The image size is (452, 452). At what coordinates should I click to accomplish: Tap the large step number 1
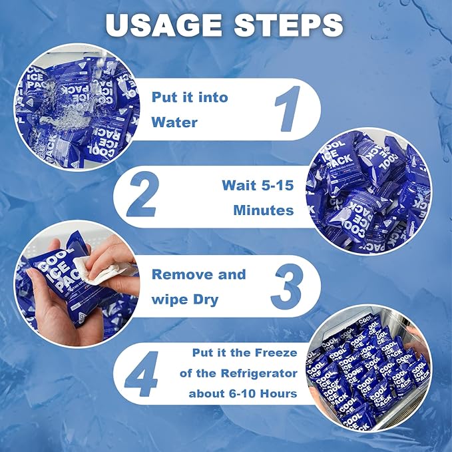pos(288,109)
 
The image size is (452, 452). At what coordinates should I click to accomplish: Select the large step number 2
pos(142,194)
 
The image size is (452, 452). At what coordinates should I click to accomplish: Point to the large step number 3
pos(287,286)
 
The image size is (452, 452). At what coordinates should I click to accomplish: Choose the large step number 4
pos(141,373)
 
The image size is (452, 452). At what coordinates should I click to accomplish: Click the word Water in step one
pos(174,122)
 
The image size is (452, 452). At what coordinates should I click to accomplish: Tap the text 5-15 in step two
pos(278,185)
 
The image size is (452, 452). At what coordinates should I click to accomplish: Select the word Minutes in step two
pos(264,210)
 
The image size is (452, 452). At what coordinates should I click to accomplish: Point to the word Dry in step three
pos(206,300)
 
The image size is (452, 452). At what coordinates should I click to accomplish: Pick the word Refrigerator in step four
pos(259,373)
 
